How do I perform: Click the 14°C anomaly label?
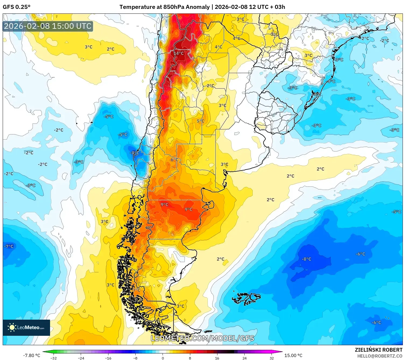[179, 53]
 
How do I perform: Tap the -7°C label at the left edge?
[9, 246]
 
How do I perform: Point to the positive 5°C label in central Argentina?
[200, 121]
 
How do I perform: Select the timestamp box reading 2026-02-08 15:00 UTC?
[48, 26]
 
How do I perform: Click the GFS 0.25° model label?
[17, 7]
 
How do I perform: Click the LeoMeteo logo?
[26, 327]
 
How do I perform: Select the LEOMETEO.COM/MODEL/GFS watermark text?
[202, 338]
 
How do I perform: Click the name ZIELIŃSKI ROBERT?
[378, 350]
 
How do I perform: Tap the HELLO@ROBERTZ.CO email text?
[380, 356]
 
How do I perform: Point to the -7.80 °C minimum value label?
[31, 355]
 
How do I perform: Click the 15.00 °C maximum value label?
[293, 355]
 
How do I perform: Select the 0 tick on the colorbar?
[163, 358]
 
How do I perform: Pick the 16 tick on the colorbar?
[217, 358]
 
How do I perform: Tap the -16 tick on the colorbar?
[108, 358]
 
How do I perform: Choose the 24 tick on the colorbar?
[244, 358]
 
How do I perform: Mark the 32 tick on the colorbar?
[272, 358]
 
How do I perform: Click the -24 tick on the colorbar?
[81, 358]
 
